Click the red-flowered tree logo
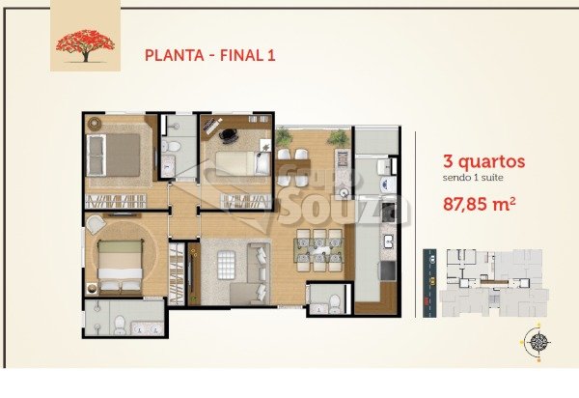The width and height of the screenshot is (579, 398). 85,45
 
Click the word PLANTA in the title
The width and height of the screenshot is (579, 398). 175,55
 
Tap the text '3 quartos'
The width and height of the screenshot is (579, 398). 483,162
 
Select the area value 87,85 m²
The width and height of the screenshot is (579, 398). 479,204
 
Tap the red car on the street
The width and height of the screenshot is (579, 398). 427,302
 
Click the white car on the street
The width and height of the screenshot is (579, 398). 432,260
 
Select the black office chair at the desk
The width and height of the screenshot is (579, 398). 229,135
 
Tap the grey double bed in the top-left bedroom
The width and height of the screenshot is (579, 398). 113,155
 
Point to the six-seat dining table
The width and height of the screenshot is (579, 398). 319,250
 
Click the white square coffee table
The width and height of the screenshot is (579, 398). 227,265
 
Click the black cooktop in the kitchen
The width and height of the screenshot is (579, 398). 388,211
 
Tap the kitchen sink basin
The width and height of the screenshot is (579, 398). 389,242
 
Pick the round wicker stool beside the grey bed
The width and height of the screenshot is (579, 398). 95,123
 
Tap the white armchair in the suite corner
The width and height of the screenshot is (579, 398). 96,224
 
